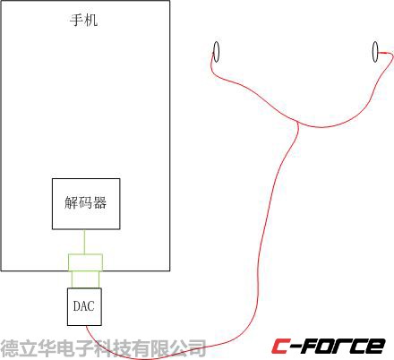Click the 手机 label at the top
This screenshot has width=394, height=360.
tap(84, 21)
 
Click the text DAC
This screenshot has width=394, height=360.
tap(84, 306)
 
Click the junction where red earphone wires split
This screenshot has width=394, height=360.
tap(297, 122)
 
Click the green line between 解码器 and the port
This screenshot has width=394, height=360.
tap(85, 242)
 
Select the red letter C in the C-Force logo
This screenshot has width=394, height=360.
tap(280, 347)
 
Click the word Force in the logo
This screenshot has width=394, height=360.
tap(340, 347)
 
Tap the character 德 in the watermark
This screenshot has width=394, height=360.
tap(9, 348)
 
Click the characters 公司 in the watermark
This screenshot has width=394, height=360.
tap(189, 348)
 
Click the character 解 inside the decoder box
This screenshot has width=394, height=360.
tap(71, 202)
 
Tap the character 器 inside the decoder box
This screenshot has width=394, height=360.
tap(99, 202)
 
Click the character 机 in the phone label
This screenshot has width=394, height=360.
tap(91, 21)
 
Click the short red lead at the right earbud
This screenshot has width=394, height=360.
tap(384, 53)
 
